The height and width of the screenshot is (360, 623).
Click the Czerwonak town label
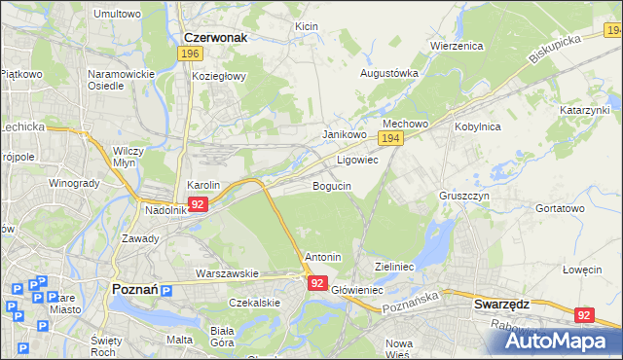tap(216, 37)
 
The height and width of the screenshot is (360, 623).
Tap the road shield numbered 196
tap(191, 54)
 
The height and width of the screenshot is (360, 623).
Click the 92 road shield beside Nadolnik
tap(198, 204)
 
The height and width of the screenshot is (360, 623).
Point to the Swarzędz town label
tap(501, 304)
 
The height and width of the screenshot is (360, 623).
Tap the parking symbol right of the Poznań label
tap(165, 291)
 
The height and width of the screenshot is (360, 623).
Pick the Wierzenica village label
tap(458, 46)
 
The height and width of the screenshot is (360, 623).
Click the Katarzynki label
tap(585, 111)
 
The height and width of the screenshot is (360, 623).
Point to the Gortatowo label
tap(560, 208)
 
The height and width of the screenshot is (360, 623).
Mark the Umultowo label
tap(117, 15)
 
